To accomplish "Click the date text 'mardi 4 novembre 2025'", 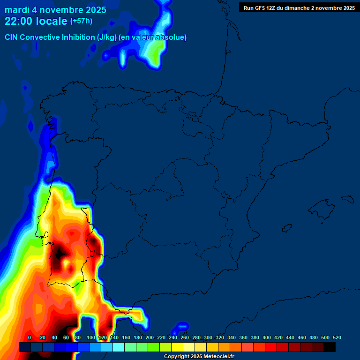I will point(55,10).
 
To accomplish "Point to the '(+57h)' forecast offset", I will point(81,21).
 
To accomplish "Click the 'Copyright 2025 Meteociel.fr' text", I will point(199,356).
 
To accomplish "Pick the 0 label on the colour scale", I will point(30,338).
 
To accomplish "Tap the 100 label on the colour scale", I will point(91,338).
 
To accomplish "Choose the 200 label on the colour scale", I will point(150,338).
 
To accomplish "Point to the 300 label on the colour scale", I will point(208,338).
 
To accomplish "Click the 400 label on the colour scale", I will point(267,338).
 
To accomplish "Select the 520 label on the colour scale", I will point(337,338).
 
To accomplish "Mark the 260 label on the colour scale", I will point(185,338).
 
